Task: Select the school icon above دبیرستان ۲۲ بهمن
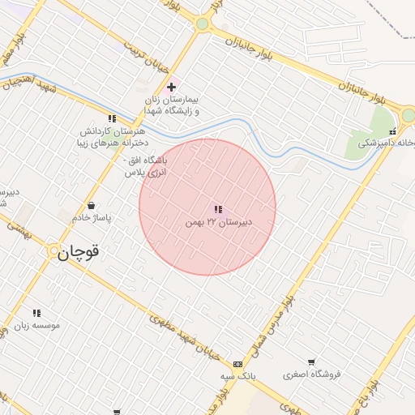coord(218,209)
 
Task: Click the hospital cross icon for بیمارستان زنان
coord(171,87)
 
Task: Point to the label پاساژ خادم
coord(92,218)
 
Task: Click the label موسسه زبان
coord(36,325)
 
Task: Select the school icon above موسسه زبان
coord(36,313)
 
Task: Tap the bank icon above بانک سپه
coord(237,365)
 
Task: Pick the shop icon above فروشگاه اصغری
coord(311,362)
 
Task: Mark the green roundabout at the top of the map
coord(203,24)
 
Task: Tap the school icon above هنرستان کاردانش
coord(112,118)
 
